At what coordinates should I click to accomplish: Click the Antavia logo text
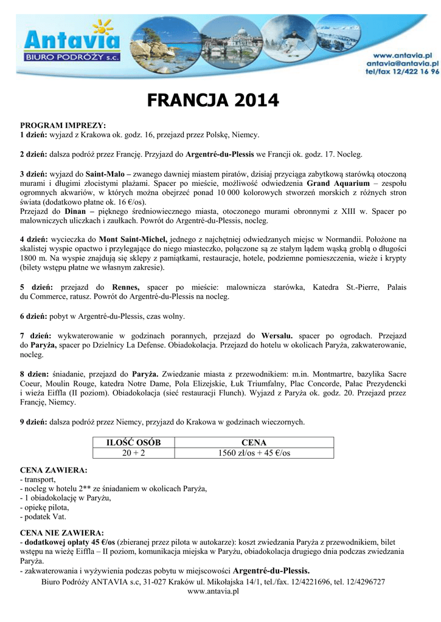point(72,41)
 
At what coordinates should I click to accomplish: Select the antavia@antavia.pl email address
point(401,63)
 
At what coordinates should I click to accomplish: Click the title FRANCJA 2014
point(212,100)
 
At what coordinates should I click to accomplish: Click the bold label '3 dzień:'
point(34,173)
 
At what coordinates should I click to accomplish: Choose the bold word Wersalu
point(277,335)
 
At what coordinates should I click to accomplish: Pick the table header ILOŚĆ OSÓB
point(133,443)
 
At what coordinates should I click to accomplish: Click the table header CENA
point(254,443)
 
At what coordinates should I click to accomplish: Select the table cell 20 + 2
point(133,453)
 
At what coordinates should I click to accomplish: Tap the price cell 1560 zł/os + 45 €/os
point(254,453)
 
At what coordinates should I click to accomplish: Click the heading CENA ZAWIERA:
point(54,470)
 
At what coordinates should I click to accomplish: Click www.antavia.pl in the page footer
point(213,591)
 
